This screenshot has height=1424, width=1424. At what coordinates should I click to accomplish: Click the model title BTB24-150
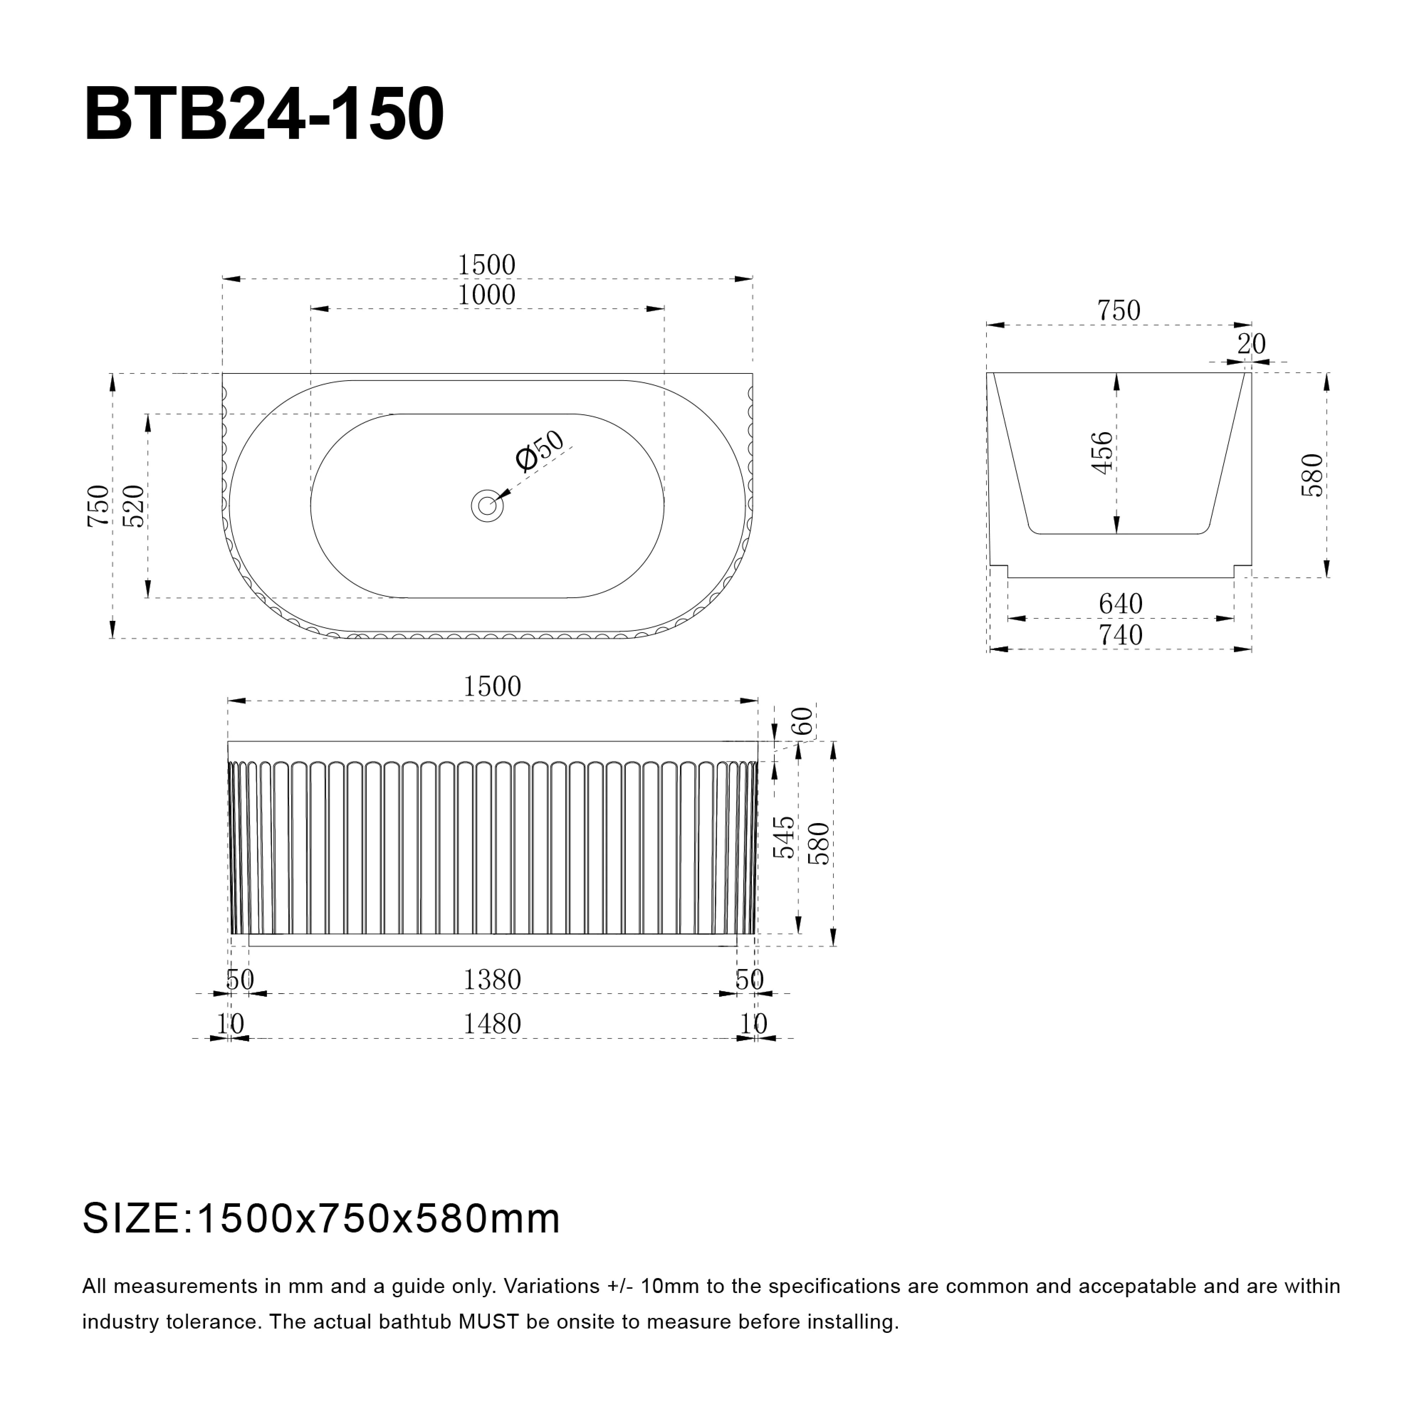264,115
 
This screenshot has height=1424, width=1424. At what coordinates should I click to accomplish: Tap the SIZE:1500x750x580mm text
321,1219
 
